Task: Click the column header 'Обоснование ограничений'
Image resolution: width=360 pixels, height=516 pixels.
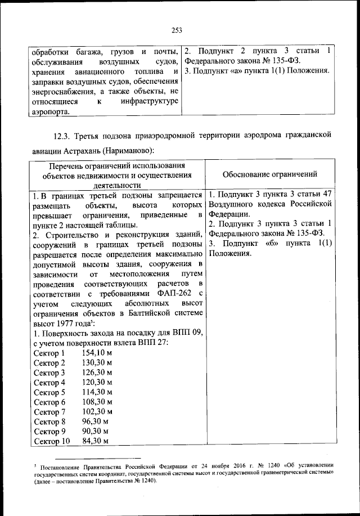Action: click(269, 174)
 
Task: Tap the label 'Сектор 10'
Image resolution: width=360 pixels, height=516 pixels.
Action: click(52, 441)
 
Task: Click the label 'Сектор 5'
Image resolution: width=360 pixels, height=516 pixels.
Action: click(49, 392)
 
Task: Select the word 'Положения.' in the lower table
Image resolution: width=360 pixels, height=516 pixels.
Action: click(231, 253)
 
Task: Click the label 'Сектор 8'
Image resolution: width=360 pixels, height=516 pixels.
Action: click(49, 421)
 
